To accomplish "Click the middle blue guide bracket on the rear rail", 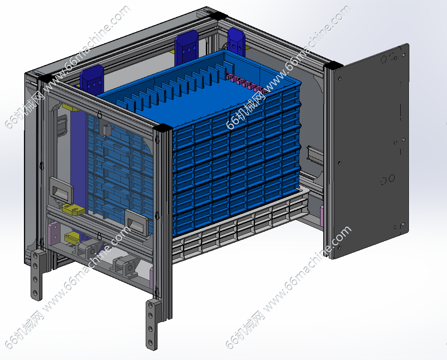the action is point(187,47).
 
